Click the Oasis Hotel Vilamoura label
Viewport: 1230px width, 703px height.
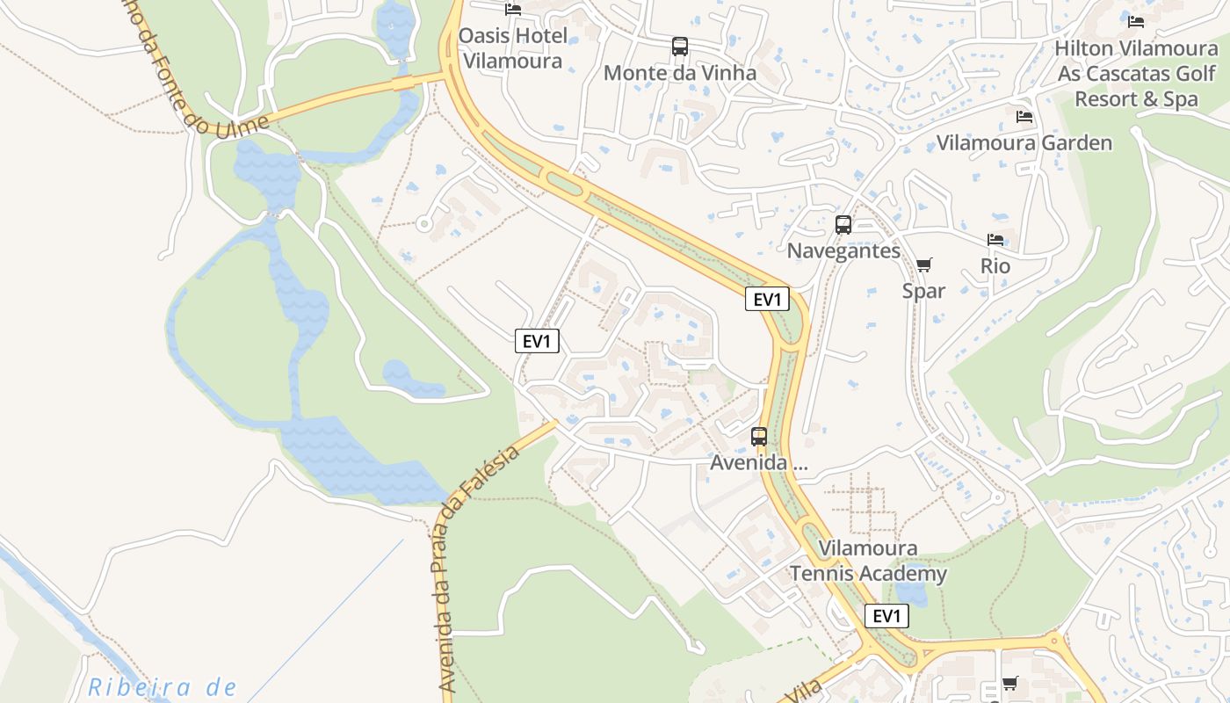tap(512, 48)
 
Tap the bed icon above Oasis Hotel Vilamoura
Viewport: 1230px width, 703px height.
tap(513, 10)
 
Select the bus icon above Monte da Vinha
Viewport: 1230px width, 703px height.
tap(679, 47)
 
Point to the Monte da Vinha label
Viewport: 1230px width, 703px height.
tap(679, 73)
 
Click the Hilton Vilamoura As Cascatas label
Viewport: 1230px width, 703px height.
tap(1136, 73)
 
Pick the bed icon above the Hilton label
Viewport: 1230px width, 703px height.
tap(1136, 21)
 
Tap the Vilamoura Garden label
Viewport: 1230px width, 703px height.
tap(1024, 142)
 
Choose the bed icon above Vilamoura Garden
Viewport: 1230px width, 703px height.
tap(1024, 116)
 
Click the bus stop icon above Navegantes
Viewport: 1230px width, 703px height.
tap(843, 224)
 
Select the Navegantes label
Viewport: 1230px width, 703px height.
tap(843, 250)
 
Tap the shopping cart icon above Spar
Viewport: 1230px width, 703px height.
tap(923, 265)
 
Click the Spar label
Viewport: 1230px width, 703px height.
tap(923, 291)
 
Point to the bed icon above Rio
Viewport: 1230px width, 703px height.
tap(995, 239)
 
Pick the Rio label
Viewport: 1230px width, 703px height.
tap(995, 265)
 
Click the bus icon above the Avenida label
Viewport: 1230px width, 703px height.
tap(759, 436)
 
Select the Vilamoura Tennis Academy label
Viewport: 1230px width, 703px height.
tap(868, 561)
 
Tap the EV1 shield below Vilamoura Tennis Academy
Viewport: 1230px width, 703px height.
tap(886, 616)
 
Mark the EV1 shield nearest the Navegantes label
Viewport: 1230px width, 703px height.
tap(767, 299)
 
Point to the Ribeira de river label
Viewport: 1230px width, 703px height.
tap(163, 687)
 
